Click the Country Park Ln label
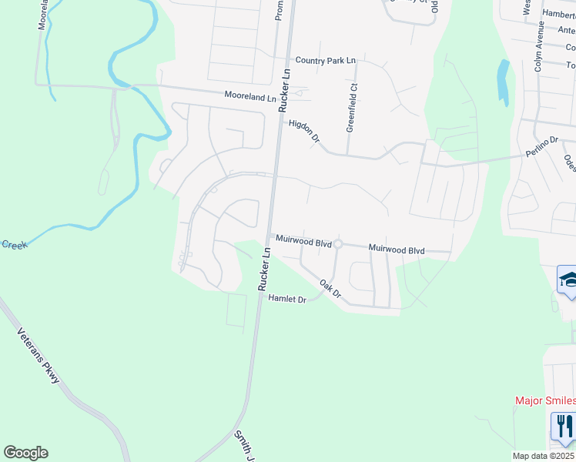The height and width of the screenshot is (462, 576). pyautogui.click(x=326, y=60)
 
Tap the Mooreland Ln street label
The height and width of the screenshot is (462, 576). pyautogui.click(x=249, y=98)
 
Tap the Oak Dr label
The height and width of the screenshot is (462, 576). pyautogui.click(x=330, y=289)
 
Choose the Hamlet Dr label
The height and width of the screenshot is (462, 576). pyautogui.click(x=287, y=298)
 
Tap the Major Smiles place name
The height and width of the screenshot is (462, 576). pyautogui.click(x=544, y=400)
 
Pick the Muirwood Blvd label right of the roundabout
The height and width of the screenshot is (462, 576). pyautogui.click(x=397, y=249)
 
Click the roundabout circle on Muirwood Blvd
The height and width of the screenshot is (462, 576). pyautogui.click(x=337, y=245)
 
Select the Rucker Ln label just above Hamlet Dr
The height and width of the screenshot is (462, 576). pyautogui.click(x=266, y=268)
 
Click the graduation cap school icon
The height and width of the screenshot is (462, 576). pyautogui.click(x=568, y=279)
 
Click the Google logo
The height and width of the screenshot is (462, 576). pyautogui.click(x=25, y=453)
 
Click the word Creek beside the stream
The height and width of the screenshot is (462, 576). pyautogui.click(x=14, y=245)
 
